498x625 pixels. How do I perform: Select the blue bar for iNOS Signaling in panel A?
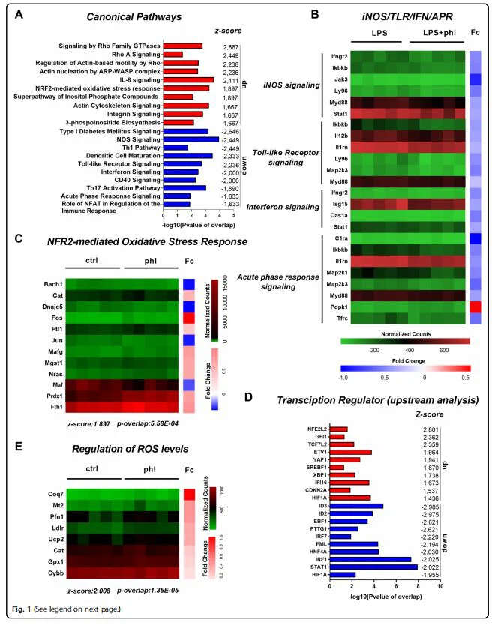point(191,139)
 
